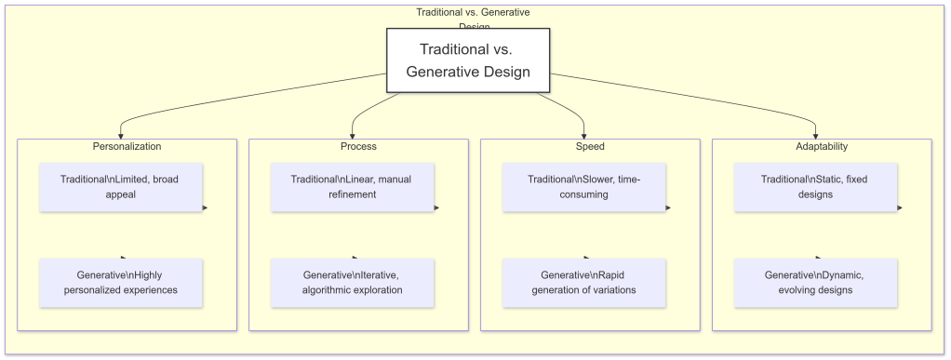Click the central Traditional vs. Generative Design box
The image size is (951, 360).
click(468, 60)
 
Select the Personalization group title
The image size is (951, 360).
click(127, 147)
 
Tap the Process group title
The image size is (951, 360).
click(358, 147)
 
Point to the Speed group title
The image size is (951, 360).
click(590, 147)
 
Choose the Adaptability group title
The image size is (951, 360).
click(822, 147)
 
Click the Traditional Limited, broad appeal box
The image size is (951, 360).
click(121, 187)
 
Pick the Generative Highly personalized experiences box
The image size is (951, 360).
click(121, 283)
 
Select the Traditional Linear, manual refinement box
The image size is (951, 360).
click(353, 187)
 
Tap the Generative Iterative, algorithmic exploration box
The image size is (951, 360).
click(353, 283)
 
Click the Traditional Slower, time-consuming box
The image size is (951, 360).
click(583, 187)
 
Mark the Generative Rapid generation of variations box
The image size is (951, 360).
click(583, 283)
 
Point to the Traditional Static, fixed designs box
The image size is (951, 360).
click(815, 187)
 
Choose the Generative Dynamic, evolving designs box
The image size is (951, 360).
click(815, 283)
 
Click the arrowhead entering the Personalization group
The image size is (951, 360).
click(121, 136)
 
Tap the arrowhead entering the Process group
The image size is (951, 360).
click(353, 136)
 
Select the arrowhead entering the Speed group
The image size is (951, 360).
click(584, 136)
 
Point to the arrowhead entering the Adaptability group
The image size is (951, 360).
click(816, 136)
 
